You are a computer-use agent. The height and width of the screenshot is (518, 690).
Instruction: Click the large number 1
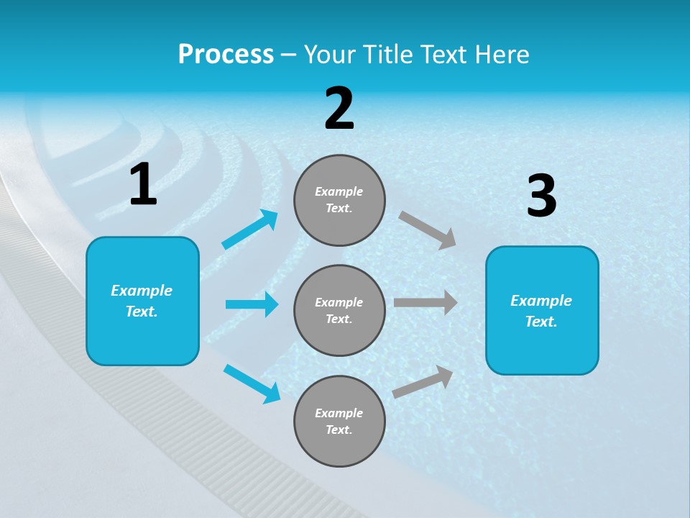point(143,185)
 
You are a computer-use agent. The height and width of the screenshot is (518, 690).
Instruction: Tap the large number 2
point(339,109)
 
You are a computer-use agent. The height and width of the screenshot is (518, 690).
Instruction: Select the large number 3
point(541,196)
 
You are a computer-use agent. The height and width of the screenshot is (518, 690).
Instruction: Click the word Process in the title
point(226,54)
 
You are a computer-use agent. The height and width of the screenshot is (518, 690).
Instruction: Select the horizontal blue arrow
point(252,304)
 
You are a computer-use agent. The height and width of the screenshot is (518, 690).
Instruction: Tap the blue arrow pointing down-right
point(252,383)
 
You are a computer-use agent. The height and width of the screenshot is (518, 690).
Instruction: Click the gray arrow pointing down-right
point(428,230)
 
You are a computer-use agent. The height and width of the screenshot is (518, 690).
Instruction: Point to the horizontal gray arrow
point(425,303)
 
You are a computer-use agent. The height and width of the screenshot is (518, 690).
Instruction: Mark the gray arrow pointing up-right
point(423,382)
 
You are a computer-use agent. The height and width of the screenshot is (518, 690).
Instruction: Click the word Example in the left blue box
point(142,291)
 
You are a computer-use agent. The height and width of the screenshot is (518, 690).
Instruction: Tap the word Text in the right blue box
point(541,322)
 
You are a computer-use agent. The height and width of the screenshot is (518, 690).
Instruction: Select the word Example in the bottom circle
point(339,413)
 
